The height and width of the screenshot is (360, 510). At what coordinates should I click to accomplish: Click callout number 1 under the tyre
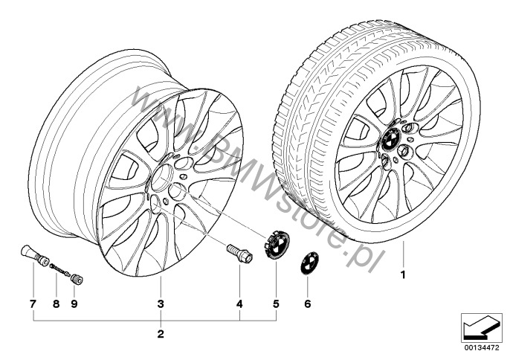(x=403, y=275)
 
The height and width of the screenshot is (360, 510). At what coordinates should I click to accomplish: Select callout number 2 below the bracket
(x=161, y=334)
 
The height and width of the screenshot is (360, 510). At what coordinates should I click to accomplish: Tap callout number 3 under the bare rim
(x=161, y=304)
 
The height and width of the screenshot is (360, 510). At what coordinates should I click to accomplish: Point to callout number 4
(x=239, y=304)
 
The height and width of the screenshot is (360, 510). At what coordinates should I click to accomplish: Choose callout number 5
(x=276, y=304)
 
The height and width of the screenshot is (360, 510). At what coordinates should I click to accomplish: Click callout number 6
(x=307, y=304)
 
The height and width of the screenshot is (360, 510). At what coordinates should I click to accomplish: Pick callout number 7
(x=33, y=304)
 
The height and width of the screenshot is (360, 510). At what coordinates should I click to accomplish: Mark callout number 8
(x=57, y=304)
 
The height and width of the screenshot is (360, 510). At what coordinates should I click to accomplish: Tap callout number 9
(x=74, y=304)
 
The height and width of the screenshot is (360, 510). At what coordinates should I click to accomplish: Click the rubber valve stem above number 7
(x=34, y=254)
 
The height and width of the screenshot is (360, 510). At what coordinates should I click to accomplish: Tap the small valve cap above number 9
(x=77, y=279)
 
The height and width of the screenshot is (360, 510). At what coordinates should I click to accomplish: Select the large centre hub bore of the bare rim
(x=161, y=178)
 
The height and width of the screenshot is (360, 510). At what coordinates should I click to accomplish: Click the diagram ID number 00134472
(x=481, y=347)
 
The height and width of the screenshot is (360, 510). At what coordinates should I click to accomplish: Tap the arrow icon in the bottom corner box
(x=481, y=327)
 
